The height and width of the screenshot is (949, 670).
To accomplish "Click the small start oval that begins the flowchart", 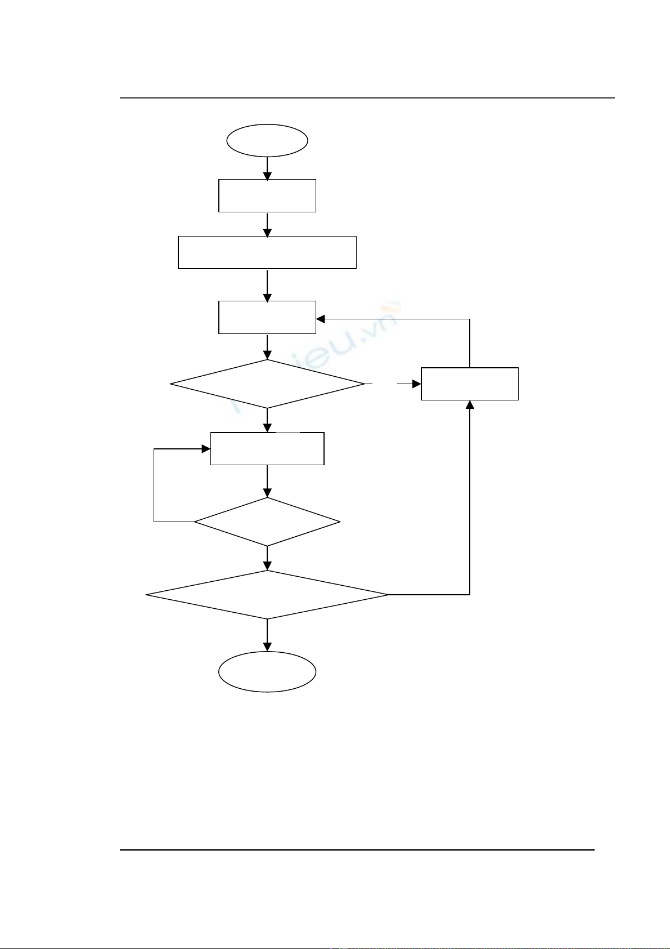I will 267,141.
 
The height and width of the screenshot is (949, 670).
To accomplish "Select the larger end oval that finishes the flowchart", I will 267,671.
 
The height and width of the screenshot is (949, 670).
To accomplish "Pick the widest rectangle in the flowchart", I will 267,252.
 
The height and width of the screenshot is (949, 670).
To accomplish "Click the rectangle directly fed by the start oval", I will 267,195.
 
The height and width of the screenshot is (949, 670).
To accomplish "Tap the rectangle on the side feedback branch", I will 470,384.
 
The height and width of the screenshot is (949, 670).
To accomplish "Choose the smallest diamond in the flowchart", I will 267,522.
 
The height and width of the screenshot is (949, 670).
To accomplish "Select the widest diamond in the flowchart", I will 267,595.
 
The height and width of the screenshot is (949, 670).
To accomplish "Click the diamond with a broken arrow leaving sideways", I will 267,384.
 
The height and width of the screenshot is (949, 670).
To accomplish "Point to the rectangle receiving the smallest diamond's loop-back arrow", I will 267,449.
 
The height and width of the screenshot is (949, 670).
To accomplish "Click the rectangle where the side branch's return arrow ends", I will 267,318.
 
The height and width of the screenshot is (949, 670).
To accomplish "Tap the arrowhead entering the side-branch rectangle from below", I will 470,405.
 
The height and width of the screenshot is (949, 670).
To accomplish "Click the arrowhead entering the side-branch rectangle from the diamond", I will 417,384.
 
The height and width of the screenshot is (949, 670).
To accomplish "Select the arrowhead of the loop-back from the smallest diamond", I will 206,449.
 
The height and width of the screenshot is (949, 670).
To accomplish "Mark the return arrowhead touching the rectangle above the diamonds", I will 321,319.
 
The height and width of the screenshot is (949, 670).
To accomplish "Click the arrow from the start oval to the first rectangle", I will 267,168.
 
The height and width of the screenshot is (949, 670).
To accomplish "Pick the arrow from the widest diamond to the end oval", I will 267,635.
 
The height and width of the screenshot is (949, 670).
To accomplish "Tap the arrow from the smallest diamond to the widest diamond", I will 267,559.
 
